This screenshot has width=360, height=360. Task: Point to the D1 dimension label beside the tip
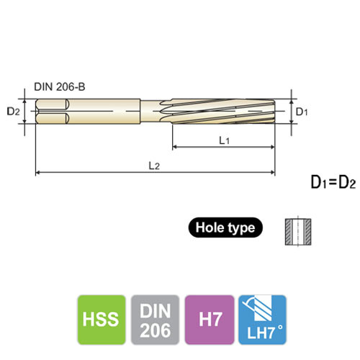pyautogui.click(x=302, y=112)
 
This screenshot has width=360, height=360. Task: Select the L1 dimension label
pyautogui.click(x=224, y=141)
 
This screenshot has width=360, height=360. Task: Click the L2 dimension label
pyautogui.click(x=153, y=166)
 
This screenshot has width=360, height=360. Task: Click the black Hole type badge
pyautogui.click(x=225, y=228)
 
